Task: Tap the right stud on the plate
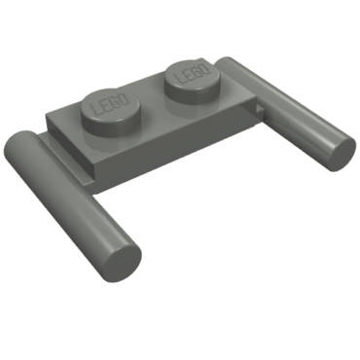pyautogui.click(x=193, y=76)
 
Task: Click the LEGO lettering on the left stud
pyautogui.click(x=106, y=103)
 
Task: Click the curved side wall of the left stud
pyautogui.click(x=110, y=125)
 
